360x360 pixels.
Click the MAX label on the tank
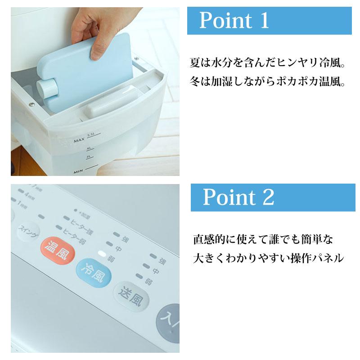pyautogui.click(x=79, y=141)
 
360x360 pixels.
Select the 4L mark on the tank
pyautogui.click(x=90, y=148)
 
